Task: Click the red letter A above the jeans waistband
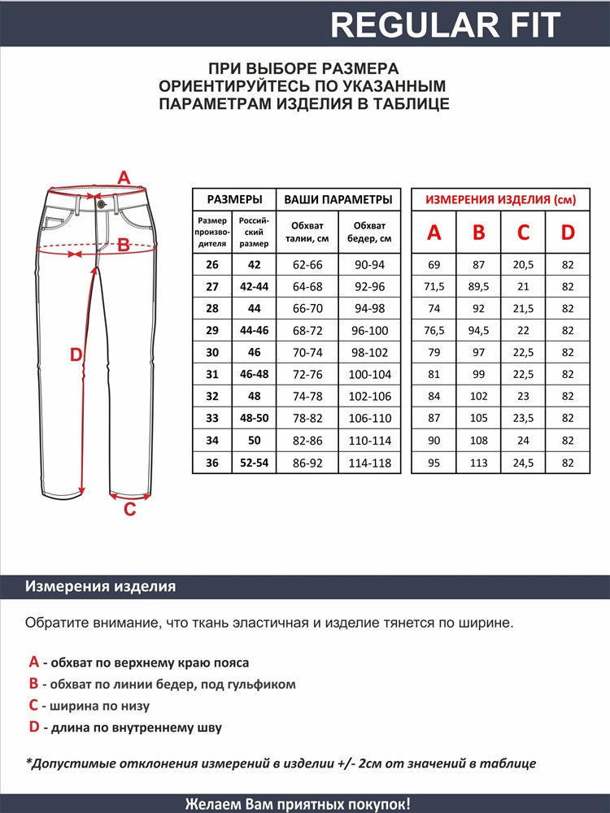point(124,178)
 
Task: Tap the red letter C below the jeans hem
point(129,510)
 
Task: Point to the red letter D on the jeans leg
point(76,355)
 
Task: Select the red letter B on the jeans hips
point(124,244)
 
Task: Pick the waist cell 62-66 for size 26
point(307,265)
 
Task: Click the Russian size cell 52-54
point(255,463)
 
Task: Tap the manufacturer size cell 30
point(212,353)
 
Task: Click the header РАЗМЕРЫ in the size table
point(234,199)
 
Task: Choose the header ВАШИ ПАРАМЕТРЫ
point(338,199)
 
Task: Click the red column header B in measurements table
point(479,233)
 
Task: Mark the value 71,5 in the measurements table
point(434,287)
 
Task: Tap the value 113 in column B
point(479,463)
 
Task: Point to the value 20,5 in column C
point(523,265)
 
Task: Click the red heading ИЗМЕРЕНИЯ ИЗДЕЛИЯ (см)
point(500,199)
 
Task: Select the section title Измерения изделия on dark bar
point(101,587)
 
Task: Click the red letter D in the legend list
point(33,728)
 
